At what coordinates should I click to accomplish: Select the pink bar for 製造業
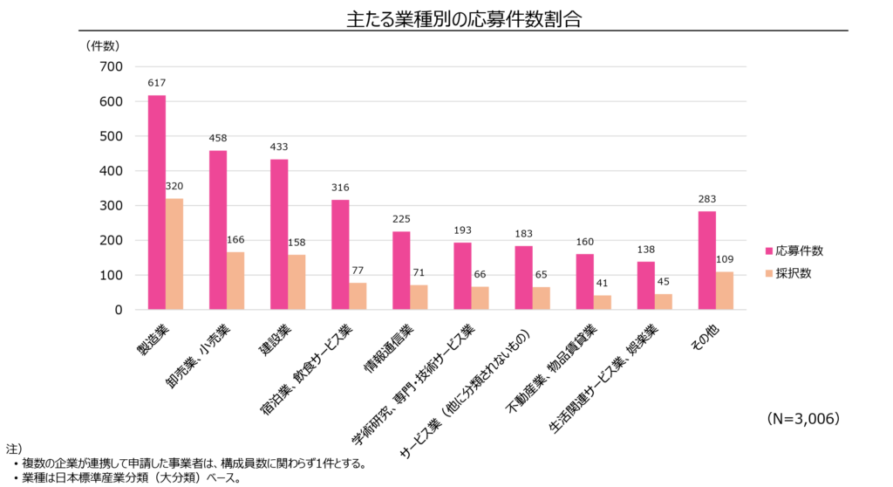[157, 202]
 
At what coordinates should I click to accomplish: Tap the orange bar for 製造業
[174, 254]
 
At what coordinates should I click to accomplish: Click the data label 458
[218, 138]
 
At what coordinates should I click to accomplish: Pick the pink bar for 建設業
[279, 234]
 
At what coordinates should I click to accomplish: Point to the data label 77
[358, 271]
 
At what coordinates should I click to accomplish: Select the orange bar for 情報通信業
[419, 297]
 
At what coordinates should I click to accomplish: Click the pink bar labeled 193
[462, 276]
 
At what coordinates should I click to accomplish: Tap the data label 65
[542, 274]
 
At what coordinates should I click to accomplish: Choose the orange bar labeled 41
[603, 302]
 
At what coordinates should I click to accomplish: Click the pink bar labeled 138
[646, 285]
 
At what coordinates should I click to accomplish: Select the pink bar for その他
[707, 260]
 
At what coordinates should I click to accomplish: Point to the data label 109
[726, 259]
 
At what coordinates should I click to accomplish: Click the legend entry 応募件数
[797, 250]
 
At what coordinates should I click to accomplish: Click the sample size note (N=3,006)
[803, 419]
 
